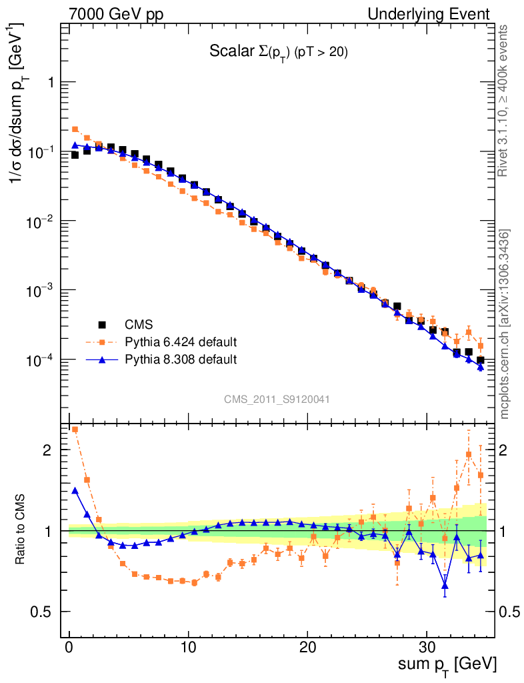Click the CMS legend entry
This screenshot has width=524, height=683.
point(139,325)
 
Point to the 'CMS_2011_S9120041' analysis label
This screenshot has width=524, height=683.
point(277,399)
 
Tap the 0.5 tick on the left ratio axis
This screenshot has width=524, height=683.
point(45,612)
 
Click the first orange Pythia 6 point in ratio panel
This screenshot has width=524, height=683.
point(75,430)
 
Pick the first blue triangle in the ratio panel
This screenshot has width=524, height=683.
point(75,490)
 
